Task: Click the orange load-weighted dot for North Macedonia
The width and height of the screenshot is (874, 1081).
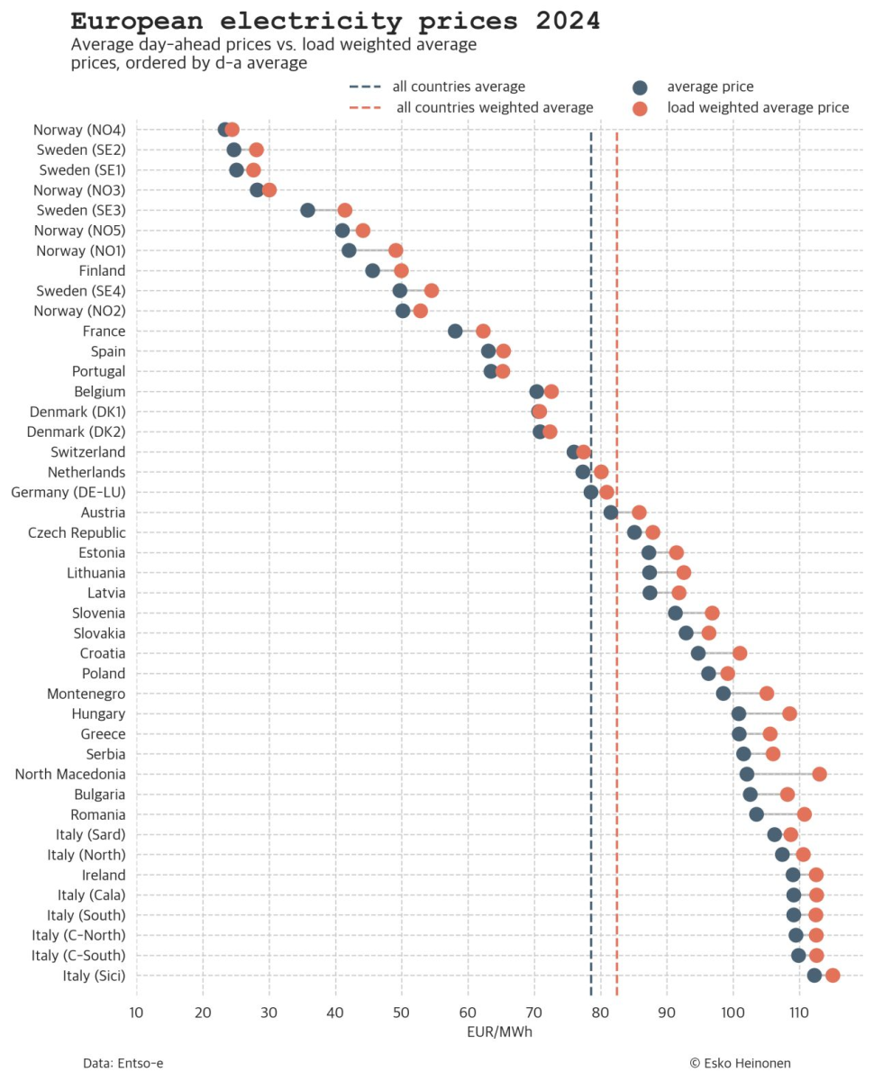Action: click(x=819, y=774)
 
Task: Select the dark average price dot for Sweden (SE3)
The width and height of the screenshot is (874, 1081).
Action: click(x=307, y=210)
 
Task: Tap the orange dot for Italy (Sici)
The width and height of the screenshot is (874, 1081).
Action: click(x=833, y=975)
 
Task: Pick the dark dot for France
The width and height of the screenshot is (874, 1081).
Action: click(x=455, y=332)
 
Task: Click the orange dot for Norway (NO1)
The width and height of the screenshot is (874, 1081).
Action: click(x=396, y=250)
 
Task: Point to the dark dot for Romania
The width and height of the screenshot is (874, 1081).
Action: click(x=756, y=814)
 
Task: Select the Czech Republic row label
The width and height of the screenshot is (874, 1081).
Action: click(x=77, y=532)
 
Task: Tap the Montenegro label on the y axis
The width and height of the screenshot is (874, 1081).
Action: click(x=86, y=694)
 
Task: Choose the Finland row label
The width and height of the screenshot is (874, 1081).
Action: click(x=102, y=270)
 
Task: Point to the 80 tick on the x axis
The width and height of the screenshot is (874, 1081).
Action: click(x=600, y=1013)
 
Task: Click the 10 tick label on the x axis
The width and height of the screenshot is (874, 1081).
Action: click(x=136, y=1013)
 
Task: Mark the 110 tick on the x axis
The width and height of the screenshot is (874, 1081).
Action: click(x=798, y=1013)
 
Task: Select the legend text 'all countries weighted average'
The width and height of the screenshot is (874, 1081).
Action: click(x=495, y=108)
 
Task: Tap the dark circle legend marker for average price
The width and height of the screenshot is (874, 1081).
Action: click(x=640, y=87)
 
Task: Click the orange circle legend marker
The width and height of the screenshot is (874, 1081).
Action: click(x=640, y=108)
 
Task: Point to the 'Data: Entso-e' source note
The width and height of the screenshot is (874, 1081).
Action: click(x=123, y=1063)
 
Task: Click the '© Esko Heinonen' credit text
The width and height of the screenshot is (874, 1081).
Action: click(x=740, y=1063)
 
